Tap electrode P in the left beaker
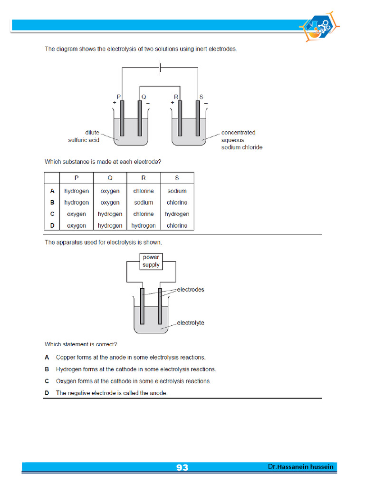pos(122,119)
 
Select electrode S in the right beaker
pos(198,119)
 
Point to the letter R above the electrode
pos(176,97)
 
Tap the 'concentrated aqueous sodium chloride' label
pos(241,140)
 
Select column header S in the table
pos(177,178)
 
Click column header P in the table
pos(77,178)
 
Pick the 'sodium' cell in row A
pos(177,191)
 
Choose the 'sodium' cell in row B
pos(144,203)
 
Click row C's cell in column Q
pos(110,214)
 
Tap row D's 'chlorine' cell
pos(177,225)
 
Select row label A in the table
pos(53,191)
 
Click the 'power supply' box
pos(151,261)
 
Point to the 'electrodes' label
pos(191,290)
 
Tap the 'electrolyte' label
pos(191,323)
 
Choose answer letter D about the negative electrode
pos(47,393)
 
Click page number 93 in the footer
pos(182,468)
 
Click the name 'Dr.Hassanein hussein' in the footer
pos(300,467)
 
